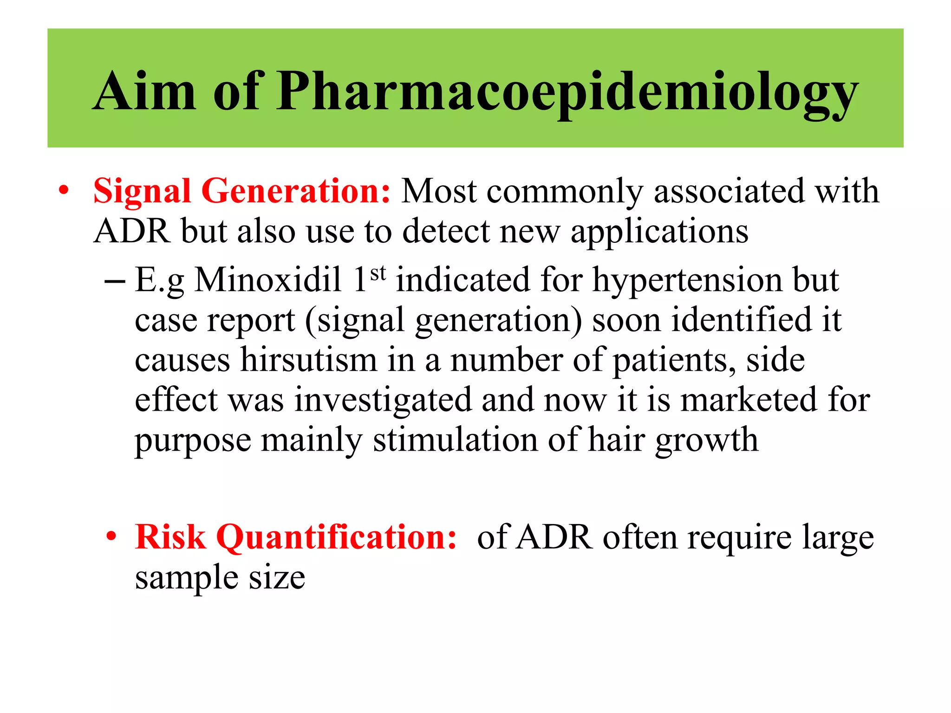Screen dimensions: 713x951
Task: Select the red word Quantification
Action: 337,537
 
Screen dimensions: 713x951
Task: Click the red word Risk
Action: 170,537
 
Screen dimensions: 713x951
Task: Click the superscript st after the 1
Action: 378,273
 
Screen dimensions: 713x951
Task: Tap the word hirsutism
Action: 309,360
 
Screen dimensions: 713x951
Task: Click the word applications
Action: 659,232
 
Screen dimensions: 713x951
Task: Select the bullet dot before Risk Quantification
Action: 111,537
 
